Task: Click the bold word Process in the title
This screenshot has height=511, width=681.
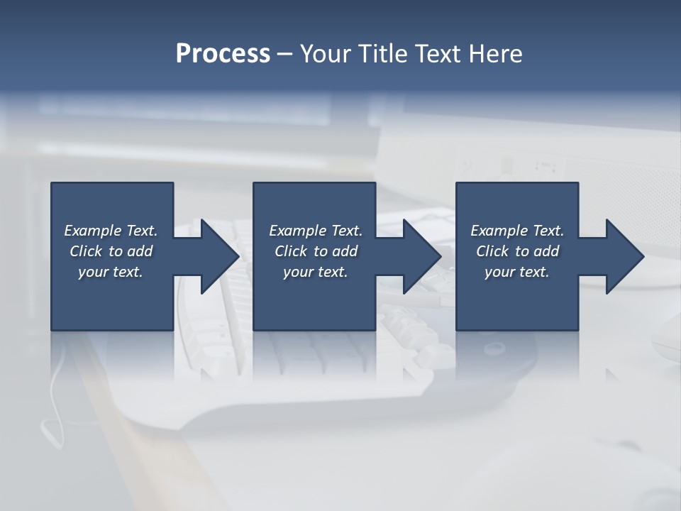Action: click(223, 54)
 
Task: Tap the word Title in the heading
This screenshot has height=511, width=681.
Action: click(385, 54)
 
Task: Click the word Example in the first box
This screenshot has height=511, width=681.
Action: click(93, 231)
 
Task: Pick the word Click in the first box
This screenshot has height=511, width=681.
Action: click(86, 251)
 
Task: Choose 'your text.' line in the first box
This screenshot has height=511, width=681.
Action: click(111, 272)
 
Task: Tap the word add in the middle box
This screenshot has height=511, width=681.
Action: click(345, 251)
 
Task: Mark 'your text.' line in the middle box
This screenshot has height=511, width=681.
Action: click(316, 272)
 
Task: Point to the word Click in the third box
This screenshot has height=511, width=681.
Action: click(492, 251)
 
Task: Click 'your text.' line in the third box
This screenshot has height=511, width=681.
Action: click(517, 272)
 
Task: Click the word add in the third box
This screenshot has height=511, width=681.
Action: click(546, 251)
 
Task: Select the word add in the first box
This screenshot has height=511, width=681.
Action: click(140, 251)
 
